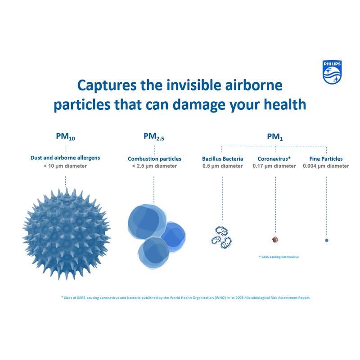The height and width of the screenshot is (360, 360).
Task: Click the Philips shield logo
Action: coord(332,72)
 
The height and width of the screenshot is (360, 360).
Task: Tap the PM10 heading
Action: coord(65,137)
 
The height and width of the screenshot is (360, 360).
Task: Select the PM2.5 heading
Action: coord(154,137)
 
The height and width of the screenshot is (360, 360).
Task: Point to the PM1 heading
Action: coord(275,137)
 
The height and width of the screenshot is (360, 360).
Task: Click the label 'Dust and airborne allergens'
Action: coord(65,158)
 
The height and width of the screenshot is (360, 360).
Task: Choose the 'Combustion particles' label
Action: coord(154,159)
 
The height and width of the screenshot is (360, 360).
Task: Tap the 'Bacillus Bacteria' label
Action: coord(222,159)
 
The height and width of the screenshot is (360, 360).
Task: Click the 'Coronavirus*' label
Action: coord(274,159)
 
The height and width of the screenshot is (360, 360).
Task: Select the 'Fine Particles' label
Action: coord(326,159)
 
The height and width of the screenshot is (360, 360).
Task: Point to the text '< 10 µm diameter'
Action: coord(65,166)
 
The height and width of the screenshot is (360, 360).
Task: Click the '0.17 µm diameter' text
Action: coord(274,166)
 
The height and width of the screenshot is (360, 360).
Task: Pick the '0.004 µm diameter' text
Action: coord(326,166)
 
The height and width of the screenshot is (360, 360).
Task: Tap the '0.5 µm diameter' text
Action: coord(222,166)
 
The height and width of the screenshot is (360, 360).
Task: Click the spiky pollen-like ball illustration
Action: coord(66,234)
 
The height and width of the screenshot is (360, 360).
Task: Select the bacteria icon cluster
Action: coord(221,238)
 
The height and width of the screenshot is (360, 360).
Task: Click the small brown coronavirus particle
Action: coord(275,240)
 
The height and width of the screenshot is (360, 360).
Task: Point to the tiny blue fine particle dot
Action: coord(327,240)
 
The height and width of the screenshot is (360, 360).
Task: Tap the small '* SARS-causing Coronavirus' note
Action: coord(279,257)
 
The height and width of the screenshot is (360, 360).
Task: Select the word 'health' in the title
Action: coord(285,104)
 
